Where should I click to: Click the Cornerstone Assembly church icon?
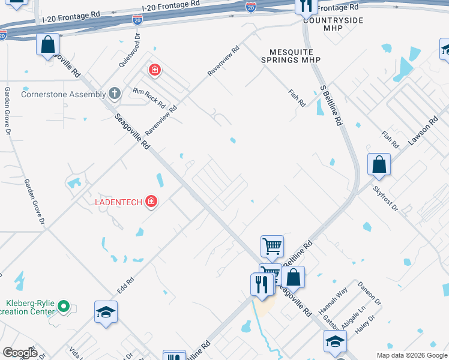click(115, 94)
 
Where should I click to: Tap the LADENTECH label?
click(118, 202)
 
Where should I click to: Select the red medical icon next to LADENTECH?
click(151, 202)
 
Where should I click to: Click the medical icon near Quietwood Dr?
click(155, 70)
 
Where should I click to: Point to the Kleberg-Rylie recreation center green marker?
click(65, 307)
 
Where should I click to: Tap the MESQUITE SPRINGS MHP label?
click(291, 60)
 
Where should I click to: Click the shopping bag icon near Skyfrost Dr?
click(379, 164)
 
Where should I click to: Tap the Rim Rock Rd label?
click(149, 98)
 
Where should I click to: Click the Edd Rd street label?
click(125, 284)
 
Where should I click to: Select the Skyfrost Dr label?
click(385, 198)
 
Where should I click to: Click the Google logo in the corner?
click(19, 353)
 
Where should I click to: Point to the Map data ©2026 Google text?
click(411, 355)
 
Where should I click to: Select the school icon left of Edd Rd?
click(106, 312)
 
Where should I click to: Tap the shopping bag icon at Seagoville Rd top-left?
click(48, 44)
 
